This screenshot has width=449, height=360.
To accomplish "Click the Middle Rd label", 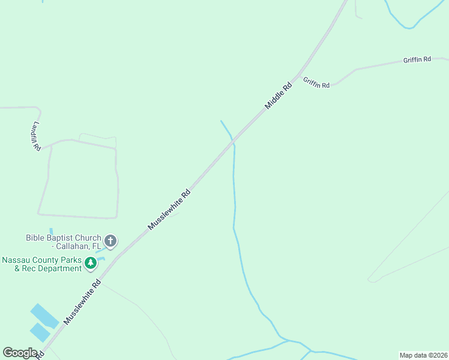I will (279, 95).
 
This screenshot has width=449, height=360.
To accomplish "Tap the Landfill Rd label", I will (37, 136).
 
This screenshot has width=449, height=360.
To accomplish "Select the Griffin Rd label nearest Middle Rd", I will (316, 83).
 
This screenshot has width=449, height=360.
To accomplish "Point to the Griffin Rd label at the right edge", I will (417, 59).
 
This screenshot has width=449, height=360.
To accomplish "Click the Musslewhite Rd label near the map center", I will (169, 209).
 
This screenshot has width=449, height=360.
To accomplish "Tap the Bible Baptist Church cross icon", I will (110, 241).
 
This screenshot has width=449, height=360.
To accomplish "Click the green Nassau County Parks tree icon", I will (91, 262).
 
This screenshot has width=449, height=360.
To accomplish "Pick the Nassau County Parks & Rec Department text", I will (42, 264).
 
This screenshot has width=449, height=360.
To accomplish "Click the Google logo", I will (20, 353).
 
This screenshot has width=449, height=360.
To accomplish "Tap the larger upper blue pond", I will (44, 316).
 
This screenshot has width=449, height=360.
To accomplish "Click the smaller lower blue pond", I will (40, 332).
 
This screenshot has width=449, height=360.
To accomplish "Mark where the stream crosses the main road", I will (232, 142).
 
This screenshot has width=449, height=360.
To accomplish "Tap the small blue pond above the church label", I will (51, 230).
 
